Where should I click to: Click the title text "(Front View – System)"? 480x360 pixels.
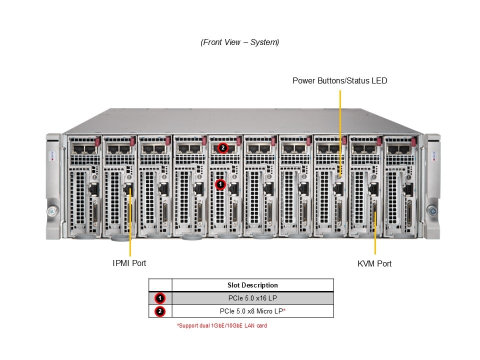pos(240,42)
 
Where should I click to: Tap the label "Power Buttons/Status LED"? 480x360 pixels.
pos(339,80)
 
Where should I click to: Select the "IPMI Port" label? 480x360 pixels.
pos(129,263)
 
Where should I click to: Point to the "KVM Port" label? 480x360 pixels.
pos(374,263)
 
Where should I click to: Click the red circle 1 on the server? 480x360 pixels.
pos(220,184)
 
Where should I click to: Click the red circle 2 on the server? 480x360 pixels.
pos(223,147)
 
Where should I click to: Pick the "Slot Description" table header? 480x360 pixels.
pos(252,285)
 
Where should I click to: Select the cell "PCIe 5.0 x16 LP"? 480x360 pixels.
pos(252,298)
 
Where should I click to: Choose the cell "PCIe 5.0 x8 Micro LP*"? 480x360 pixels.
pos(252,311)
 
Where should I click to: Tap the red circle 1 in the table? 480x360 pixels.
pos(160,298)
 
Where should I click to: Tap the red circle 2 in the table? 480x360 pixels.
pos(160,311)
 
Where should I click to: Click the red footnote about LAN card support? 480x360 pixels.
pos(222,326)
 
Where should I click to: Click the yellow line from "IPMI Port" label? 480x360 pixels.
pos(130,225)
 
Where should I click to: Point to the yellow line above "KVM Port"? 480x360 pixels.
pos(375,235)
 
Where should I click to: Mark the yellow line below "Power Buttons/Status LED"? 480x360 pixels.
pos(340,130)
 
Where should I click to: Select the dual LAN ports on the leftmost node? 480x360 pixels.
pos(83,148)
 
